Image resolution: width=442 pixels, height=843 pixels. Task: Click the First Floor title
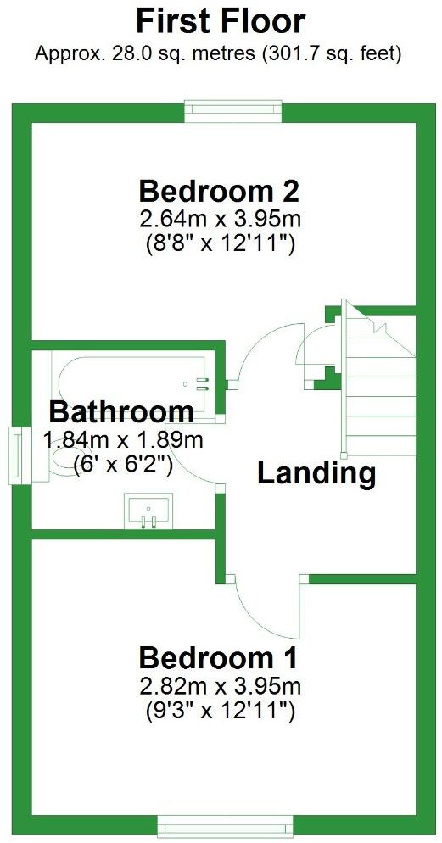pyautogui.click(x=221, y=20)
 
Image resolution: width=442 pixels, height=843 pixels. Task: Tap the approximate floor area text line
pyautogui.click(x=218, y=53)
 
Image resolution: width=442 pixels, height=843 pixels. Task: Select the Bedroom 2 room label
pyautogui.click(x=220, y=189)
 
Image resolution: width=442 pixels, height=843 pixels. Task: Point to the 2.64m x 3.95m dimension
pyautogui.click(x=220, y=220)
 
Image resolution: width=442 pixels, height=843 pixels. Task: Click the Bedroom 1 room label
pyautogui.click(x=219, y=657)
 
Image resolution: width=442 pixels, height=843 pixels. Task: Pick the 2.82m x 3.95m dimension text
pyautogui.click(x=220, y=686)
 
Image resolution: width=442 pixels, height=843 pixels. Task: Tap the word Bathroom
pyautogui.click(x=121, y=413)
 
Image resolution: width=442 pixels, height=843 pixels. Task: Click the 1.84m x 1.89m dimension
pyautogui.click(x=123, y=440)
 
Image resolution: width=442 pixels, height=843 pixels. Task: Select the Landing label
pyautogui.click(x=316, y=473)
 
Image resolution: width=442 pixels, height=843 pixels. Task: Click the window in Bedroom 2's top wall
pyautogui.click(x=233, y=111)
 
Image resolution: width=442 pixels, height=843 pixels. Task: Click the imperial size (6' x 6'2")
pyautogui.click(x=123, y=464)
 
